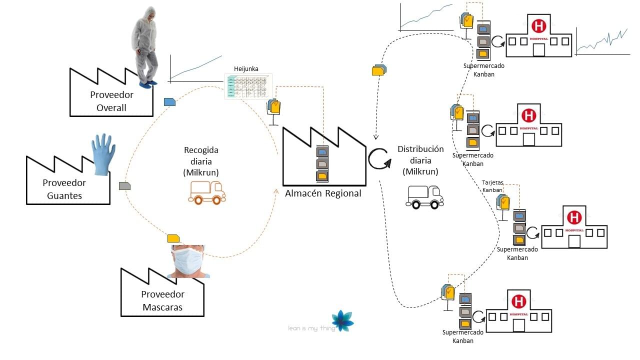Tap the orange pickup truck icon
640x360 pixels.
pyautogui.click(x=206, y=192)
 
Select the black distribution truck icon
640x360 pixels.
pyautogui.click(x=424, y=196)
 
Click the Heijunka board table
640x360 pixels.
pyautogui.click(x=248, y=86)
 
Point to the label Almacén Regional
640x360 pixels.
pyautogui.click(x=323, y=193)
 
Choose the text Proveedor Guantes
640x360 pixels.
pyautogui.click(x=64, y=189)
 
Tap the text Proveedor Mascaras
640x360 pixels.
pyautogui.click(x=162, y=300)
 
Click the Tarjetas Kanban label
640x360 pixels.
pyautogui.click(x=492, y=186)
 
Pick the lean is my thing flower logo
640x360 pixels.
pyautogui.click(x=343, y=321)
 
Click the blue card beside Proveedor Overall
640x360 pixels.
pyautogui.click(x=170, y=102)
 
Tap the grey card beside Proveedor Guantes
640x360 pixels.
pyautogui.click(x=124, y=186)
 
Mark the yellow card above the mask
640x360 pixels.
pyautogui.click(x=173, y=238)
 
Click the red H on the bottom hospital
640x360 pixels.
pyautogui.click(x=518, y=301)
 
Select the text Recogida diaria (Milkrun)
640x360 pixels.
pyautogui.click(x=201, y=161)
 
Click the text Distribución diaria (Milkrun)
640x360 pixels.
pyautogui.click(x=420, y=160)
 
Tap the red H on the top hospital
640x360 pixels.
pyautogui.click(x=538, y=25)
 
